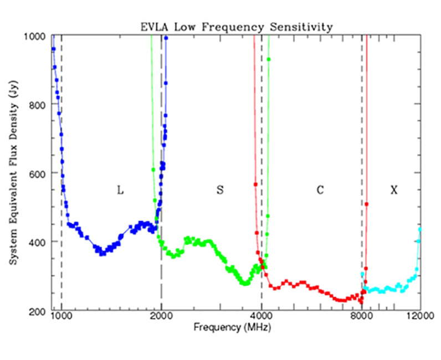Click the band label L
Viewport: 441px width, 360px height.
coord(120,190)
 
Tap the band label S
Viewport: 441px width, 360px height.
coord(220,190)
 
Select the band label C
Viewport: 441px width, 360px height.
coord(320,190)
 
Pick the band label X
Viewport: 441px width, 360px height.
coord(394,190)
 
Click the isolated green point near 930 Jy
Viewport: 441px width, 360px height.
coord(269,59)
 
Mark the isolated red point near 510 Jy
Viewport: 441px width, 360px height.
coord(367,204)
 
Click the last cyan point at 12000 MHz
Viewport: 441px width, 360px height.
coord(420,229)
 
